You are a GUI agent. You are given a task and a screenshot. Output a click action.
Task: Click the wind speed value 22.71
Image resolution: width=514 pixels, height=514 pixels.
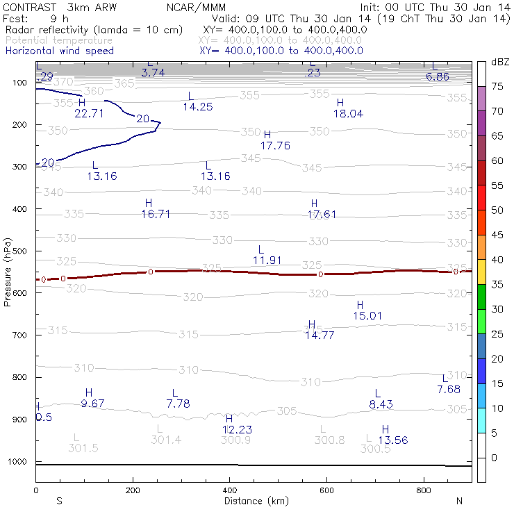click(89, 114)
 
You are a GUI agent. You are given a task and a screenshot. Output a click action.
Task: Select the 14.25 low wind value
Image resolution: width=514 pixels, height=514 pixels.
click(198, 107)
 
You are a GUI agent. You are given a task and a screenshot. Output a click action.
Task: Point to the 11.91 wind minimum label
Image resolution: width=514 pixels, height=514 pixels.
click(267, 260)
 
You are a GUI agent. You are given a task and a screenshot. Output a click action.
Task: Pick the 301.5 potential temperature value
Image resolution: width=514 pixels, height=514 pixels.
click(83, 448)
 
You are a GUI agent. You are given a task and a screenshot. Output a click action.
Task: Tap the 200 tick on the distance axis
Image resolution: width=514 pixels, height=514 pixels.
click(133, 490)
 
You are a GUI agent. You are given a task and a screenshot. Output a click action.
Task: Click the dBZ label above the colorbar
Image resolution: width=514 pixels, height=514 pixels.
click(500, 63)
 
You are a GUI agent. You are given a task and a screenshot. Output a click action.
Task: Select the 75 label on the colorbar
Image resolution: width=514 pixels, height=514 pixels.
click(497, 87)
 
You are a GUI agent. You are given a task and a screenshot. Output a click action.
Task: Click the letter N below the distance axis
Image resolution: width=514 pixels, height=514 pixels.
click(459, 501)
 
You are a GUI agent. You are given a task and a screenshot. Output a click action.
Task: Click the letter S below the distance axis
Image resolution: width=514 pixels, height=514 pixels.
click(59, 501)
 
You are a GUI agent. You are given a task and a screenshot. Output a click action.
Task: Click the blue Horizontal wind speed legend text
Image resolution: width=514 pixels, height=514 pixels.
click(60, 51)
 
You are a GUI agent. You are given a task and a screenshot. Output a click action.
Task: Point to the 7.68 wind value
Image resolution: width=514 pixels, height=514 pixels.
click(449, 390)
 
